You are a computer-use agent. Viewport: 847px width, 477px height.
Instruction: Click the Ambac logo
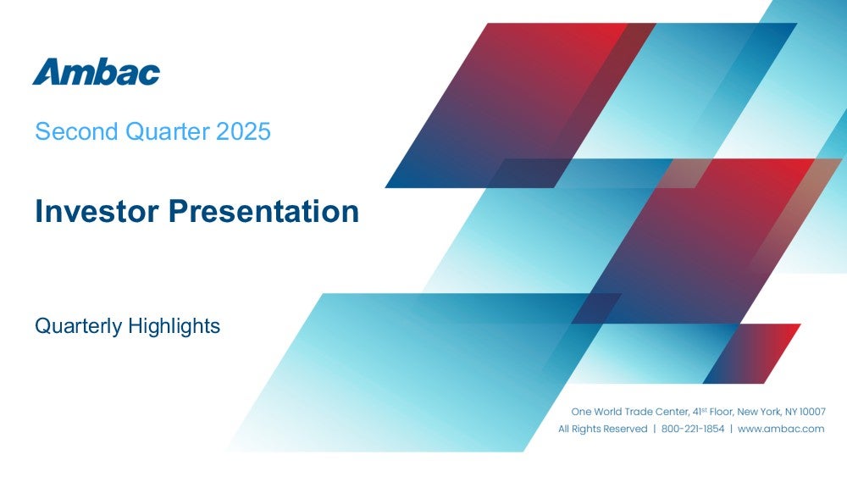[97, 71]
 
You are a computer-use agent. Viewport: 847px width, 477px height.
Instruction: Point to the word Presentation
[263, 211]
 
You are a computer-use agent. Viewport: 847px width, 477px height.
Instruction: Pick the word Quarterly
[78, 326]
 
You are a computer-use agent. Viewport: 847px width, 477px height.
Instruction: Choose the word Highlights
[174, 326]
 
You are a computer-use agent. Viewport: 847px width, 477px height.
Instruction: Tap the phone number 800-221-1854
[693, 429]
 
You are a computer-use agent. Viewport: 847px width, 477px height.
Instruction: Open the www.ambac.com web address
[781, 429]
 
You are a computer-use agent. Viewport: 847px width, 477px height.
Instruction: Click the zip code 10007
[813, 412]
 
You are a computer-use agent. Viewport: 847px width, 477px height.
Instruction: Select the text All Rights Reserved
[603, 429]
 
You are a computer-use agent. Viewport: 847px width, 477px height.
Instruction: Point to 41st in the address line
[700, 412]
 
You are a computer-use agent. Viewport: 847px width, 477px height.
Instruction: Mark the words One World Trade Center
[630, 412]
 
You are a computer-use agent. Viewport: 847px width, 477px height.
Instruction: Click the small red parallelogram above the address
[751, 353]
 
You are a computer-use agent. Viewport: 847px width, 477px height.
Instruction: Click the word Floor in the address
[722, 412]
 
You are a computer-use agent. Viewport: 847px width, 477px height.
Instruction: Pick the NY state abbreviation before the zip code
[791, 412]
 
